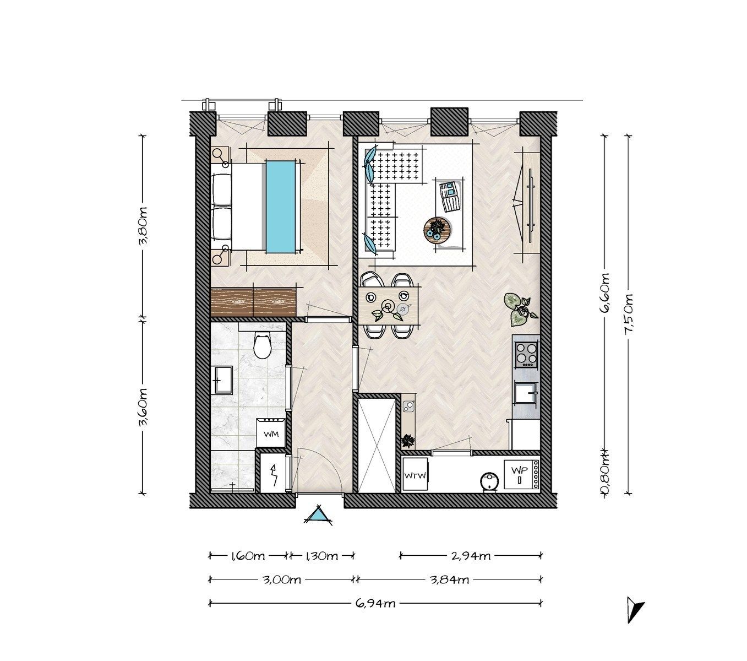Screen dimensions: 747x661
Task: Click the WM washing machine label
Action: (271, 434)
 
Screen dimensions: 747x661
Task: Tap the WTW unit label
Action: (415, 476)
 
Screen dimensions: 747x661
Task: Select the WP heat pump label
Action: (519, 470)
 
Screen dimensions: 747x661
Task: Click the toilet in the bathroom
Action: (263, 345)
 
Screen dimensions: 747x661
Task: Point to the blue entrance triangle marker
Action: (318, 514)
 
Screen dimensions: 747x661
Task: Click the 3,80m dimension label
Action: (143, 226)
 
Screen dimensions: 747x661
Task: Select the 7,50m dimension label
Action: (628, 315)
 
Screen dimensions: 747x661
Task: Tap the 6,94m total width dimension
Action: (375, 603)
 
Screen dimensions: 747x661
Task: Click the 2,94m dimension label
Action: (471, 556)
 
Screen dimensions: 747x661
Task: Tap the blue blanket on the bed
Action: (281, 207)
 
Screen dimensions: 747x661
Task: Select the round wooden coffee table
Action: (437, 230)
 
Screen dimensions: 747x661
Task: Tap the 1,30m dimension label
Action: (321, 556)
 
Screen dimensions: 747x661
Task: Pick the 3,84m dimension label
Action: (449, 580)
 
